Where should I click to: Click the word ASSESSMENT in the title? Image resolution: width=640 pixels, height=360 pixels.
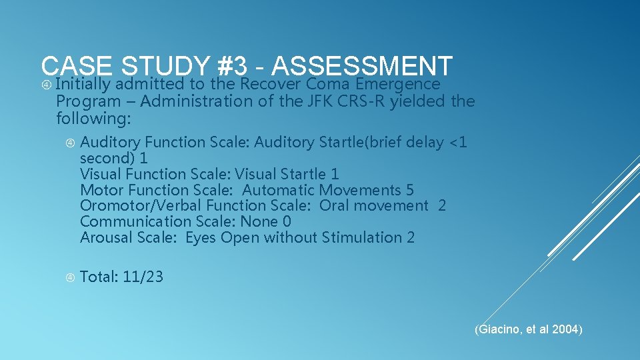point(363,65)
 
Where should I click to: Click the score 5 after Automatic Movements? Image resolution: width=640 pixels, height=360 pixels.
point(409,190)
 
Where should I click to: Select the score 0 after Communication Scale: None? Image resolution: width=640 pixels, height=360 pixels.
point(286,221)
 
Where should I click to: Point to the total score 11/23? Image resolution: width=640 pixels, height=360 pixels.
point(143,277)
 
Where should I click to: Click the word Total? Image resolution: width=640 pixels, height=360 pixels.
point(99,277)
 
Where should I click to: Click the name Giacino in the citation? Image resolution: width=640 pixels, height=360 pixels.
point(496,329)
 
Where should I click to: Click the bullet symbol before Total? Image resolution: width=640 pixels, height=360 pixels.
point(70,277)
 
